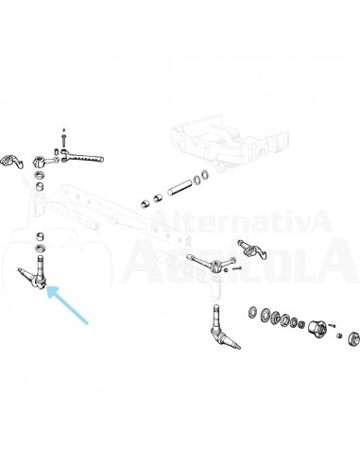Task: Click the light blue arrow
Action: [68, 305]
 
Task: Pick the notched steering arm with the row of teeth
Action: [82, 157]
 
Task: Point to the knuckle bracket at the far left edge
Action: [11, 162]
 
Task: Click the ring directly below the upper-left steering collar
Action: [40, 175]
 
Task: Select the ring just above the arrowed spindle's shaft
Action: [40, 249]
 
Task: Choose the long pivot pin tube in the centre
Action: [180, 187]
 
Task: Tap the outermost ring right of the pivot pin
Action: [205, 175]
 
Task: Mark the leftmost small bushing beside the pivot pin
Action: [146, 204]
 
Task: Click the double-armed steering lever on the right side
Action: [212, 263]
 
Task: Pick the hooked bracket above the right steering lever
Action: [252, 250]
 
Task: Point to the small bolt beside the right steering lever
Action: [237, 268]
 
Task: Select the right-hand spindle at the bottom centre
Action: [222, 328]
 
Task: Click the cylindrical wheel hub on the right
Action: [317, 330]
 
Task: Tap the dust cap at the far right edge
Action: [353, 338]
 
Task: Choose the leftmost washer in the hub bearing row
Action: [252, 313]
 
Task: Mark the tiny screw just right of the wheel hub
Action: [332, 325]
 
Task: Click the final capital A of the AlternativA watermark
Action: [318, 221]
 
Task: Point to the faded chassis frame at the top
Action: [230, 143]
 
